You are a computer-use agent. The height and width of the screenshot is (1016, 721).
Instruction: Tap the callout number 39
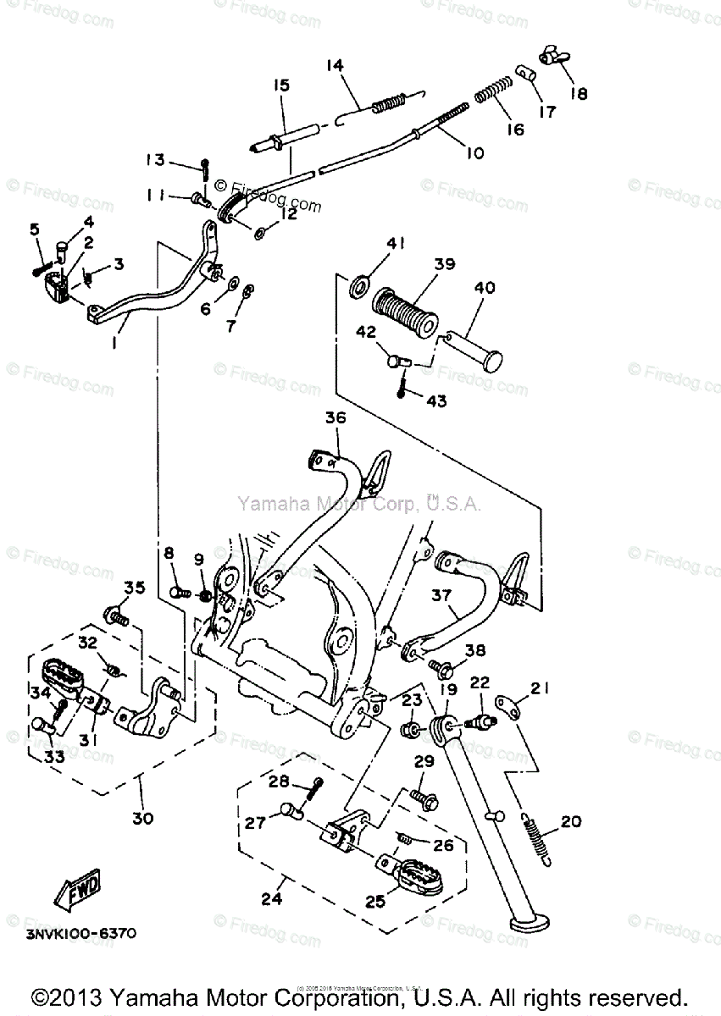(x=444, y=264)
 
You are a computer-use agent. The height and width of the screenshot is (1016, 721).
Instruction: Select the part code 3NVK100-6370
(x=83, y=934)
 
